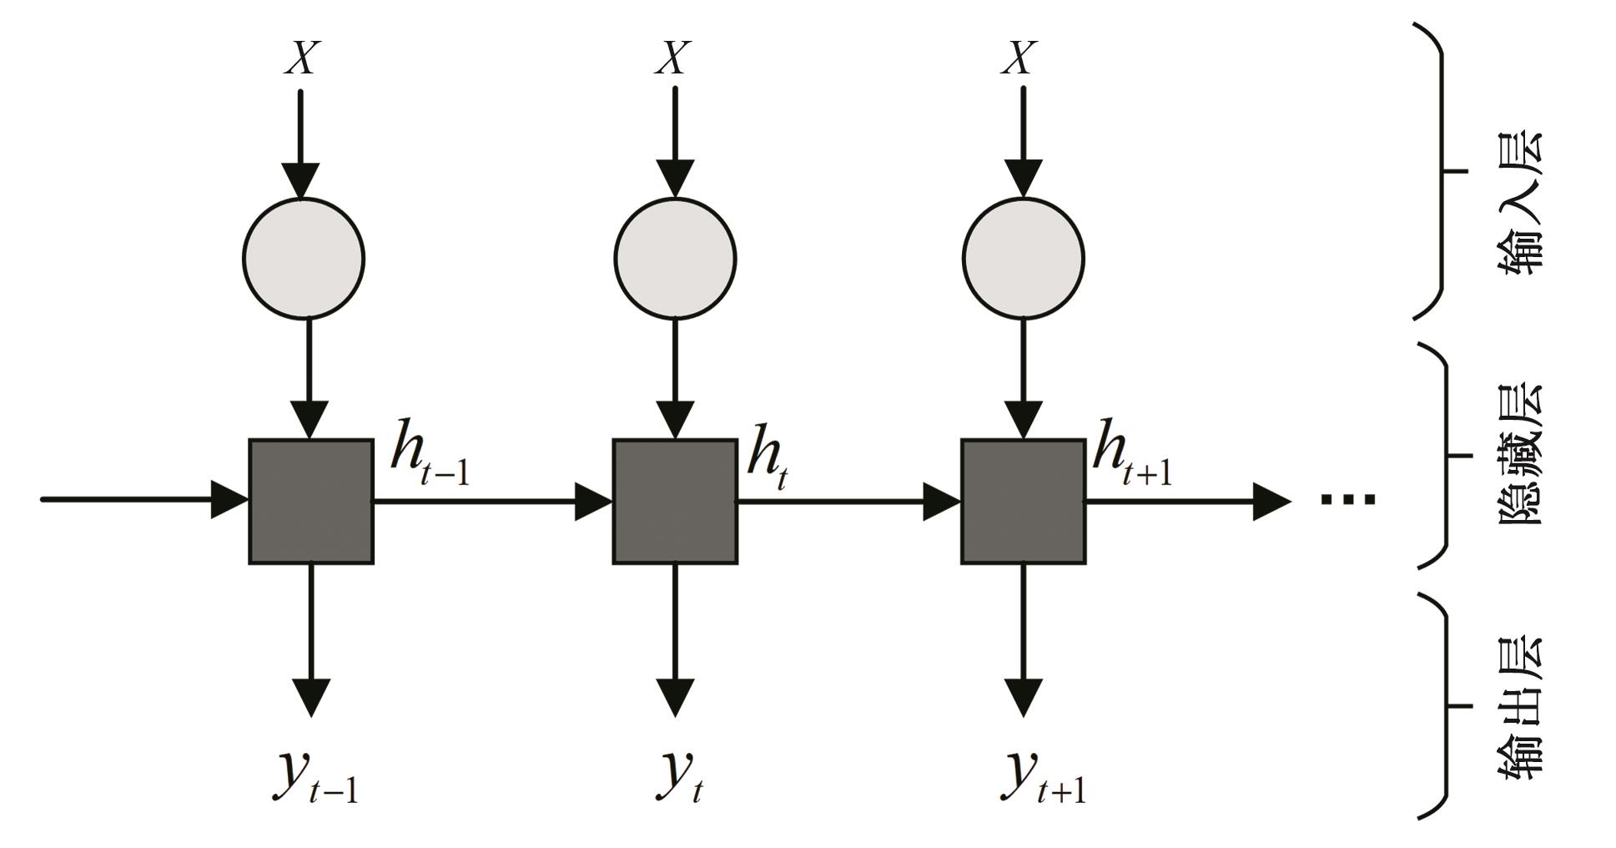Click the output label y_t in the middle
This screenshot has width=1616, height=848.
click(x=680, y=776)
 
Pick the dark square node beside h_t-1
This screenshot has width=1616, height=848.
click(x=310, y=502)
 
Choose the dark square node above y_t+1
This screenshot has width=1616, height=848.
click(x=1023, y=502)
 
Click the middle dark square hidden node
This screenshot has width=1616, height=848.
click(x=675, y=502)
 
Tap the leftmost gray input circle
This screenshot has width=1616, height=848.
click(x=304, y=258)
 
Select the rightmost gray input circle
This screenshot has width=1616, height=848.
click(x=1023, y=258)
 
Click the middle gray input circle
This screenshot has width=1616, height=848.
click(x=675, y=258)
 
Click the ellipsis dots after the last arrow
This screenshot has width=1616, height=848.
click(x=1347, y=500)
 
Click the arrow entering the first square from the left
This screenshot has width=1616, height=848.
click(x=142, y=500)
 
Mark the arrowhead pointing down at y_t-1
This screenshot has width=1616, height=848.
click(x=311, y=697)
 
